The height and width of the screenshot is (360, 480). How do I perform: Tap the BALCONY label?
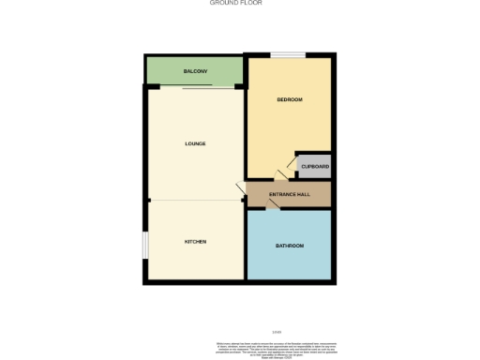pyautogui.click(x=195, y=71)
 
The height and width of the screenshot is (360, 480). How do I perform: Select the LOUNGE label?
pyautogui.click(x=195, y=143)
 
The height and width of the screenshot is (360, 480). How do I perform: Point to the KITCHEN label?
pyautogui.click(x=195, y=242)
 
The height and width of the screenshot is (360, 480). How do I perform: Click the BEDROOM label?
pyautogui.click(x=289, y=99)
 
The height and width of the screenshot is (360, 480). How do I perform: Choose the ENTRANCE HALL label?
pyautogui.click(x=289, y=195)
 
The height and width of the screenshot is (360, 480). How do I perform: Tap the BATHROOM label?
pyautogui.click(x=289, y=246)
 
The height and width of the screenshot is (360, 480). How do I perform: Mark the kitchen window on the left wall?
pyautogui.click(x=144, y=244)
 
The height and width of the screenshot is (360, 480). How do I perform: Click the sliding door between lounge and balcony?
pyautogui.click(x=208, y=87)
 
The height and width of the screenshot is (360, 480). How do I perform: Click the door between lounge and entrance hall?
pyautogui.click(x=242, y=192)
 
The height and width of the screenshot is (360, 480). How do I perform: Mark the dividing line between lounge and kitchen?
pyautogui.click(x=195, y=200)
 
